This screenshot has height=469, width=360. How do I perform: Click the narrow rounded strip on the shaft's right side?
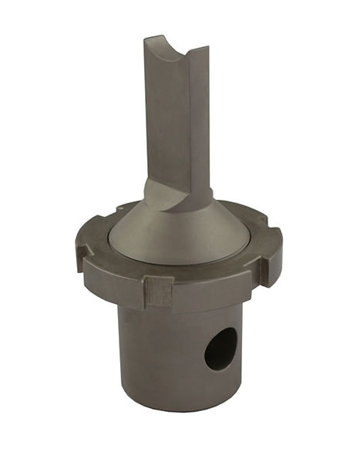click(x=201, y=123)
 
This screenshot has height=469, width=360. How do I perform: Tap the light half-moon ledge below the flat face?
click(x=164, y=194)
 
